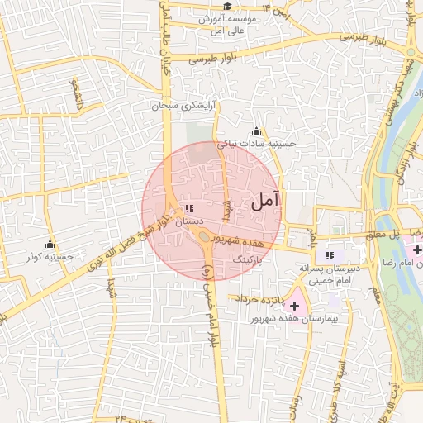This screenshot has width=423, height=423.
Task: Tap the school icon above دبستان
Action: (x=189, y=208)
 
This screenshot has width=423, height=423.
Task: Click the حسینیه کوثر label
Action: (x=50, y=257)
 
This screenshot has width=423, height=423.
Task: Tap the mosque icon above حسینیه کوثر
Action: (x=50, y=245)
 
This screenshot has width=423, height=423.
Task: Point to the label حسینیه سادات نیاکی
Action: (x=256, y=144)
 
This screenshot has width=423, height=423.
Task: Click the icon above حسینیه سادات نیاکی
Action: (x=256, y=131)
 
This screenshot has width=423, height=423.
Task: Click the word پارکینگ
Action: (x=250, y=259)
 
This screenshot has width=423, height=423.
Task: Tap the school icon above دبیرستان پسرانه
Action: (x=330, y=256)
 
